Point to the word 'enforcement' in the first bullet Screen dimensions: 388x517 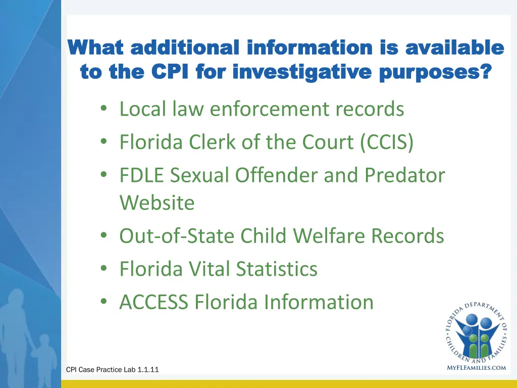(267, 109)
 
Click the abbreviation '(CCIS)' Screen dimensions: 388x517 (387, 142)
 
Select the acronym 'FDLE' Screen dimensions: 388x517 (142, 175)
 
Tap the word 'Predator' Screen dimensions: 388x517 (405, 175)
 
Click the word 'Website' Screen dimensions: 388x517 (157, 203)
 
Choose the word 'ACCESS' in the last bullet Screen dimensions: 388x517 (154, 302)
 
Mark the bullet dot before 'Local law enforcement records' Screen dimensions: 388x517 (104, 109)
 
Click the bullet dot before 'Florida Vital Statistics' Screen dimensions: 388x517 (104, 269)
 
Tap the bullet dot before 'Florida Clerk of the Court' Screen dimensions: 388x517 (104, 142)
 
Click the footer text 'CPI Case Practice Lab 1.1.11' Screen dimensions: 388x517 (112, 370)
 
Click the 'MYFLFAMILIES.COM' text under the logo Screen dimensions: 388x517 (476, 368)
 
